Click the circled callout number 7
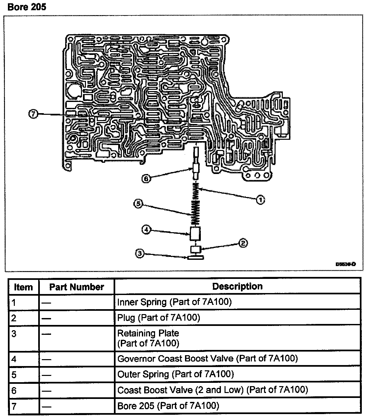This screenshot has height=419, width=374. click(33, 114)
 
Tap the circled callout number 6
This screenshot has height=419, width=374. click(146, 179)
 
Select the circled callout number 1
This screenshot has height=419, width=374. click(260, 199)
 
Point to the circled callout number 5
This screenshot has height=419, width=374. click(138, 204)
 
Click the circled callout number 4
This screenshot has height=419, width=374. click(146, 230)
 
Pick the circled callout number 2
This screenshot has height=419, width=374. click(243, 243)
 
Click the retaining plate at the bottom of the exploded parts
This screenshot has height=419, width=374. click(196, 257)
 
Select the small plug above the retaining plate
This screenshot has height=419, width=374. click(196, 249)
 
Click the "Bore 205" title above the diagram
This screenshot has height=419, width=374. click(27, 7)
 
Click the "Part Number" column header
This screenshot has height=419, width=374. click(76, 287)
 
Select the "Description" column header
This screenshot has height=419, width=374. click(237, 286)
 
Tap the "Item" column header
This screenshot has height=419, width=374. click(23, 287)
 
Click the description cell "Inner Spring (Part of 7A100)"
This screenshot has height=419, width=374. click(174, 302)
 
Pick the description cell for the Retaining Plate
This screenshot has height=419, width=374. click(148, 338)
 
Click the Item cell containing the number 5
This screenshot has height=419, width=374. click(14, 375)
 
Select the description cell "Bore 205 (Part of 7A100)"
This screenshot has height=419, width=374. click(168, 406)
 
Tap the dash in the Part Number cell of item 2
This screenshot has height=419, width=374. click(46, 318)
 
